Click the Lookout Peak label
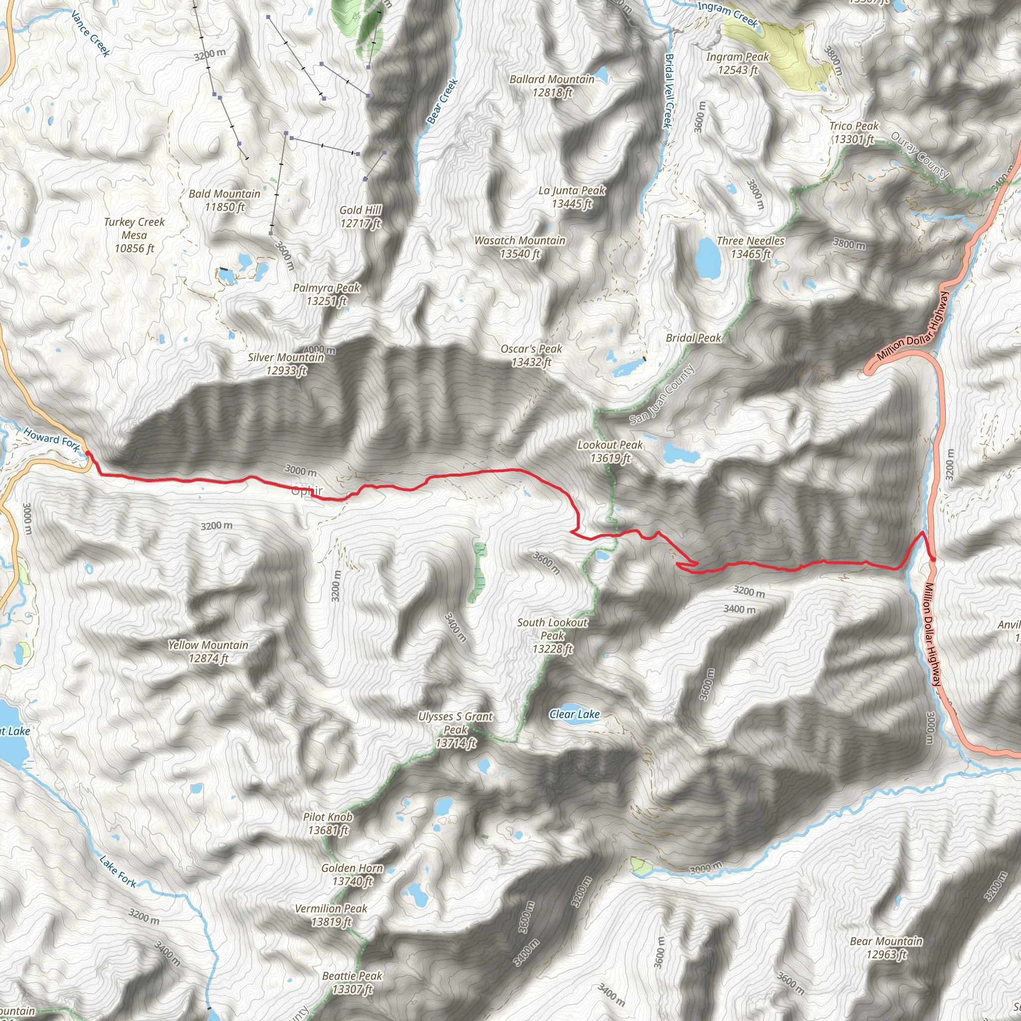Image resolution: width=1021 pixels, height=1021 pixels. (x=610, y=451)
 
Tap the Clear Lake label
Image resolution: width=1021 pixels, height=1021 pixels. (x=574, y=714)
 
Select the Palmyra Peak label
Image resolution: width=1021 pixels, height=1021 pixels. (x=327, y=294)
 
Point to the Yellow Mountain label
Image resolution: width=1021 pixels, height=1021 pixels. (x=208, y=651)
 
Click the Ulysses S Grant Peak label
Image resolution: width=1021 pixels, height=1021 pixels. (x=456, y=730)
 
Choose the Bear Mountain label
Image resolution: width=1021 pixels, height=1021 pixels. (x=886, y=948)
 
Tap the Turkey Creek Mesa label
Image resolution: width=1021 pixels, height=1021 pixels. (x=134, y=235)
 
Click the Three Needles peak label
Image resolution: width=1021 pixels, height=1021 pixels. (x=750, y=247)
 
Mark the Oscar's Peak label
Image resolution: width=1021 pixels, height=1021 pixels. (x=531, y=355)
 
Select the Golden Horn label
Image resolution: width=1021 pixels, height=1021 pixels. (x=352, y=874)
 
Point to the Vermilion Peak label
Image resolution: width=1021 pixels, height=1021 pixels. (x=331, y=915)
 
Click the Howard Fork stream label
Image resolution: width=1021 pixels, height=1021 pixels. (x=52, y=439)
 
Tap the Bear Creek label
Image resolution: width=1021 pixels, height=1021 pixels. (x=442, y=102)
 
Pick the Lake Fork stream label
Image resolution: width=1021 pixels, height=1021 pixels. (x=118, y=871)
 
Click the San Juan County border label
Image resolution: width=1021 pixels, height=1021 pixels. (x=662, y=395)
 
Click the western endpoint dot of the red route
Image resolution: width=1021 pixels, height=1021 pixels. (x=88, y=454)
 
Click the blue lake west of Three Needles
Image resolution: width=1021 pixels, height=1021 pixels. (x=707, y=258)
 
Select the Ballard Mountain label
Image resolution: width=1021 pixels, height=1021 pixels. (x=552, y=86)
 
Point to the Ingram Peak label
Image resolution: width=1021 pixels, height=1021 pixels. (x=738, y=63)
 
